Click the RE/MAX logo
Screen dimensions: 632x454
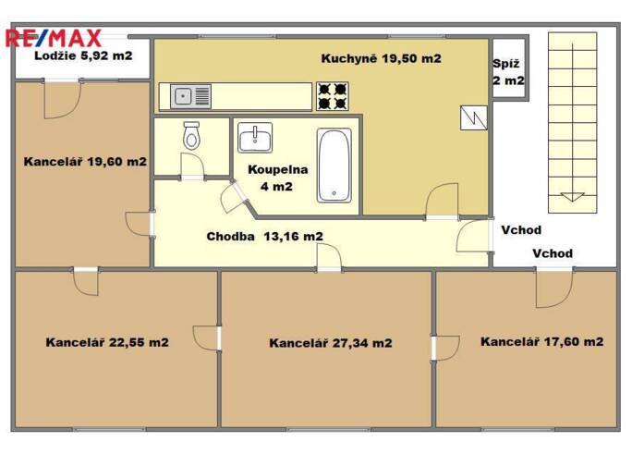coord(54,38)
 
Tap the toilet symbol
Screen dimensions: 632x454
coord(191,136)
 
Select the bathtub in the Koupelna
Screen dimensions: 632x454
coord(334,166)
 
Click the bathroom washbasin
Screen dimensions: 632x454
coord(255,138)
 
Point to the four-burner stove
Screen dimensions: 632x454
coord(333,97)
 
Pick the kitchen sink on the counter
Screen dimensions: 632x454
coord(190,97)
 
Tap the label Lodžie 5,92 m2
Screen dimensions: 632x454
coord(83,55)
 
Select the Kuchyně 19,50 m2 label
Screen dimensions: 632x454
coord(381,58)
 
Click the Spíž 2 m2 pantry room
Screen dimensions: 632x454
coord(509,67)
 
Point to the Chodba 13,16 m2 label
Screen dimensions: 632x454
coord(264,237)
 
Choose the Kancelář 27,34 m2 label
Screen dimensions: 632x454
coord(331,343)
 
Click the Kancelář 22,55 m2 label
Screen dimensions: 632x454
coord(107,342)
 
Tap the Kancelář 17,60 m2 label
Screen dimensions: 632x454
coord(542,342)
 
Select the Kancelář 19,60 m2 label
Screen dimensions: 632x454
coord(85,162)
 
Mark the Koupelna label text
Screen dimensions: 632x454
coord(278,170)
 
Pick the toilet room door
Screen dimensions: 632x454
coord(192,166)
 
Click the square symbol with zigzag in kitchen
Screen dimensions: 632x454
coord(474,117)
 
